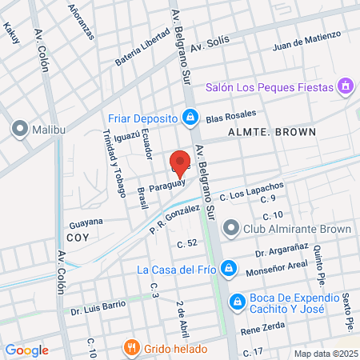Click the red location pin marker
point(180,162)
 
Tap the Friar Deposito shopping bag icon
point(190,118)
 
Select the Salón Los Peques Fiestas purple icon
point(345,85)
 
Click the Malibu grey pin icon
point(19,128)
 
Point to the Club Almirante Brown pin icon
point(230,230)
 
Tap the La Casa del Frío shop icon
point(228,268)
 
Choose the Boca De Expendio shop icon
point(237,302)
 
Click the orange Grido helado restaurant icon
point(131,348)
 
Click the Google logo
point(26,350)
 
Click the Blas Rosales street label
point(230,118)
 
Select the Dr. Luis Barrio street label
point(98,306)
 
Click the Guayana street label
point(86,221)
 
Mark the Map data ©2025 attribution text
point(324,353)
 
